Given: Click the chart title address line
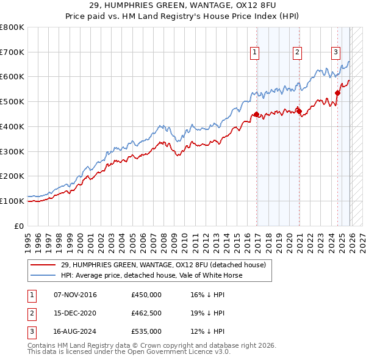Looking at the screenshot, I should pos(182,5).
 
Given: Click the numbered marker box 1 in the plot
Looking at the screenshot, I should pos(254,52).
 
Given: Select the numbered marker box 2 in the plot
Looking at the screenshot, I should pos(297,52).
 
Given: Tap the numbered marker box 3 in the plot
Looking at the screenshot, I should pos(335,52).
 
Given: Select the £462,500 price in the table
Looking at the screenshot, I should pos(146,313).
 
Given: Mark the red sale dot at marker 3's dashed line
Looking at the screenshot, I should pos(337,93).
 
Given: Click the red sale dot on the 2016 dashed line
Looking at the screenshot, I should pos(257,114).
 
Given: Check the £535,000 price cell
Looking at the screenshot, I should pos(146,331).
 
